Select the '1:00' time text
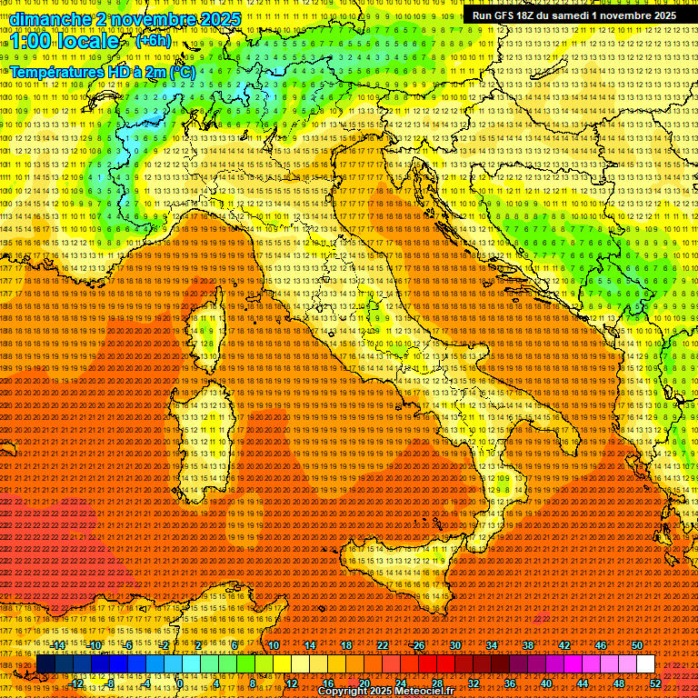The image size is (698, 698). point(32,41)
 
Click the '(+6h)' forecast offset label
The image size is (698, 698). point(152,41)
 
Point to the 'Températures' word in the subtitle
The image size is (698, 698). point(55,71)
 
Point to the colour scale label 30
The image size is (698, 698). point(454,645)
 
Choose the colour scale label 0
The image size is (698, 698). point(180,683)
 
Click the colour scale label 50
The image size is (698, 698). point(636,645)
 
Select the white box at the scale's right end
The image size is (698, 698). point(645,664)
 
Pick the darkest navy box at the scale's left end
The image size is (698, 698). point(45,664)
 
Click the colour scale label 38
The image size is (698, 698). point(527,645)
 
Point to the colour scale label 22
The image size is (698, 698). point(382,645)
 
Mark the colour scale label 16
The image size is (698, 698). point(327,683)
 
